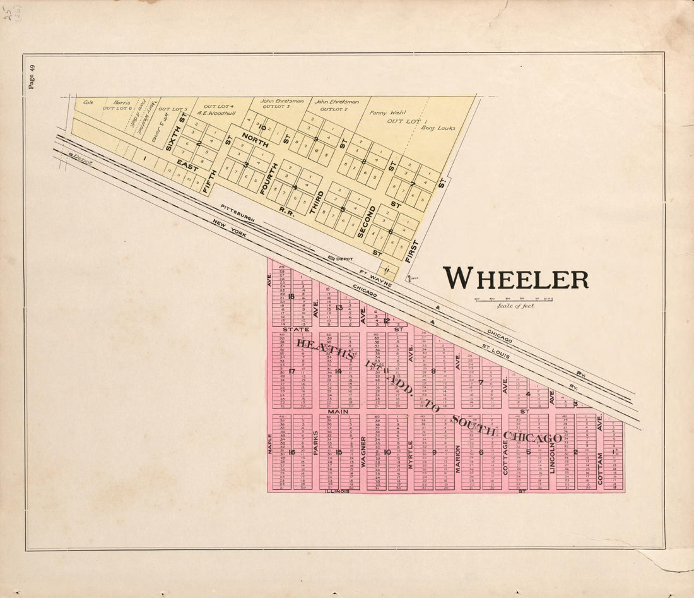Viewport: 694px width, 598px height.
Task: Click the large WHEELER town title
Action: (x=515, y=278)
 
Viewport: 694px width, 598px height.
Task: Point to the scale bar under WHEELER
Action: (x=514, y=299)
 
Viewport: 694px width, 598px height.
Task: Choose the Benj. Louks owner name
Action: (x=438, y=128)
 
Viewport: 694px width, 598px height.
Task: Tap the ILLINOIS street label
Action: (x=336, y=491)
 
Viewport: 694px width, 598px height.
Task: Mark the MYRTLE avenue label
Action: (x=411, y=453)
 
